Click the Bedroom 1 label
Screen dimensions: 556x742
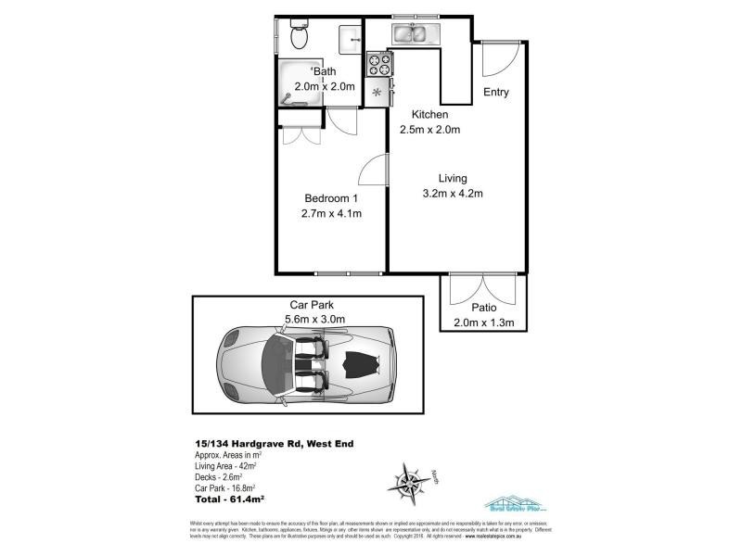[331, 197]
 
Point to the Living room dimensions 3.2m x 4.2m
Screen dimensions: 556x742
[453, 194]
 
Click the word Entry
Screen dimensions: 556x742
[496, 93]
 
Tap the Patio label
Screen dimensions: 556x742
[483, 307]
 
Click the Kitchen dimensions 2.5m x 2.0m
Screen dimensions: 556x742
[430, 129]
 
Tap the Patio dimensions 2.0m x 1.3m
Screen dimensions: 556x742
[483, 322]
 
